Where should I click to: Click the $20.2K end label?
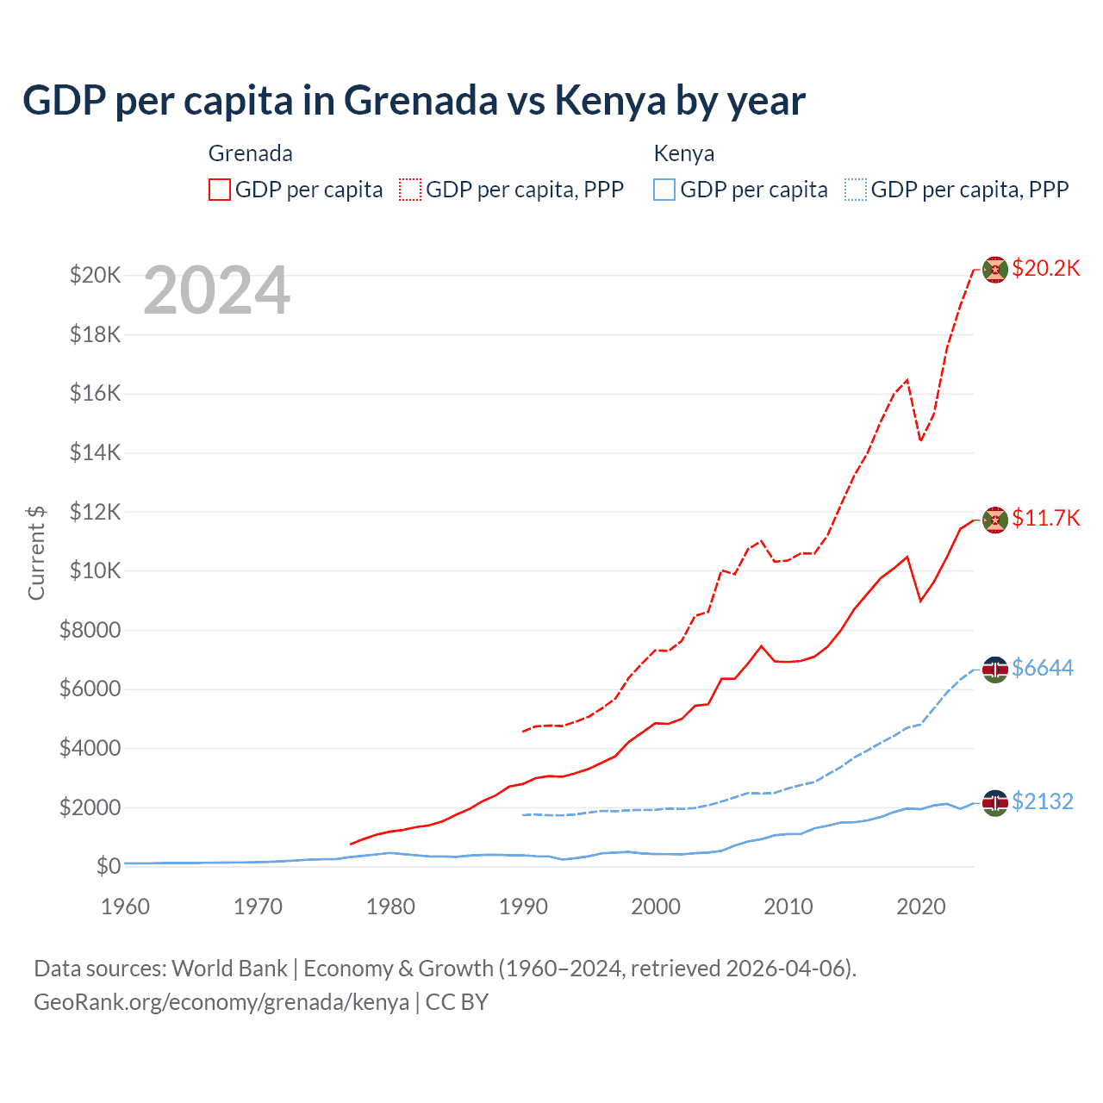pyautogui.click(x=1045, y=268)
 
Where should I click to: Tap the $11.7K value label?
pyautogui.click(x=1045, y=518)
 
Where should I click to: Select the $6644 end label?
pyautogui.click(x=1043, y=668)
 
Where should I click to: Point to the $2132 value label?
pyautogui.click(x=1043, y=801)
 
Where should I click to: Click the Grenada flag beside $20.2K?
pyautogui.click(x=995, y=270)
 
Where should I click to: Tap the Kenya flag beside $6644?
pyautogui.click(x=995, y=670)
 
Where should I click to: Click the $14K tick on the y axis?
pyautogui.click(x=95, y=452)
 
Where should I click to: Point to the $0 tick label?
pyautogui.click(x=108, y=866)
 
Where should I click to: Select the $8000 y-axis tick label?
pyautogui.click(x=90, y=630)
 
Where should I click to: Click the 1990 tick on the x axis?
pyautogui.click(x=523, y=907)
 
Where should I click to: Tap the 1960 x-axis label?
pyautogui.click(x=125, y=907)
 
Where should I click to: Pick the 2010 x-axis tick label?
pyautogui.click(x=788, y=907)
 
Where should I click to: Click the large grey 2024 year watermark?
pyautogui.click(x=216, y=291)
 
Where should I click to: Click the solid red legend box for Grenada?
pyautogui.click(x=220, y=190)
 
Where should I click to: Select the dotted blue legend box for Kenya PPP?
pyautogui.click(x=856, y=190)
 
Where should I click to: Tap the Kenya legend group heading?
pyautogui.click(x=684, y=153)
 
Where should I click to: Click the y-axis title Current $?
pyautogui.click(x=36, y=552)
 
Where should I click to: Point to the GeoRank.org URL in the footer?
pyautogui.click(x=221, y=1002)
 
